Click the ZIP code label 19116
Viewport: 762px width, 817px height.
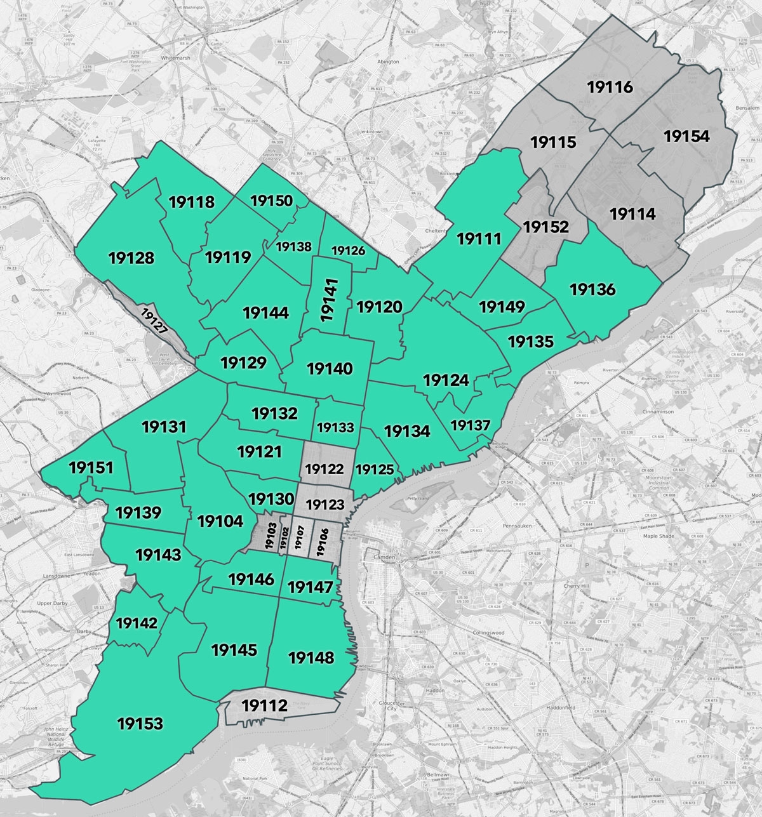tap(610, 87)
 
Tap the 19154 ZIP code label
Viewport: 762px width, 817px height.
tap(686, 136)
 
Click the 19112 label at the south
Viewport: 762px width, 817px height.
tap(265, 705)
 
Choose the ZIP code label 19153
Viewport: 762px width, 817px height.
tap(140, 723)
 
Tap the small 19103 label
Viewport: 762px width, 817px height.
tap(270, 538)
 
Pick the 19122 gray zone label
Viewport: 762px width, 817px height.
tap(324, 469)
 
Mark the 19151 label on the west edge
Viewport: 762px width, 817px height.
tap(91, 468)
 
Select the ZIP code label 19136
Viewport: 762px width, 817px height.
tap(592, 289)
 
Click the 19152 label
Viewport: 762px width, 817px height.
tap(545, 227)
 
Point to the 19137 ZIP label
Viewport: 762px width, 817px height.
tap(471, 425)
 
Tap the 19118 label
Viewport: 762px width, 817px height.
tap(192, 203)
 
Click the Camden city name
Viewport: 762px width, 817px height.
tap(384, 557)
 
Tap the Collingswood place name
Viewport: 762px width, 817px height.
tap(488, 633)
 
